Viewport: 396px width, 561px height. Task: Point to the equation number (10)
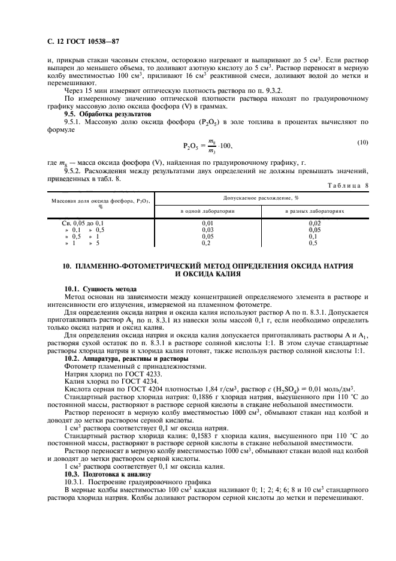(x=362, y=142)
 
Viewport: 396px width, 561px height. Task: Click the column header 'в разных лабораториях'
(x=313, y=211)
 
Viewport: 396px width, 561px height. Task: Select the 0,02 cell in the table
(x=313, y=223)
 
